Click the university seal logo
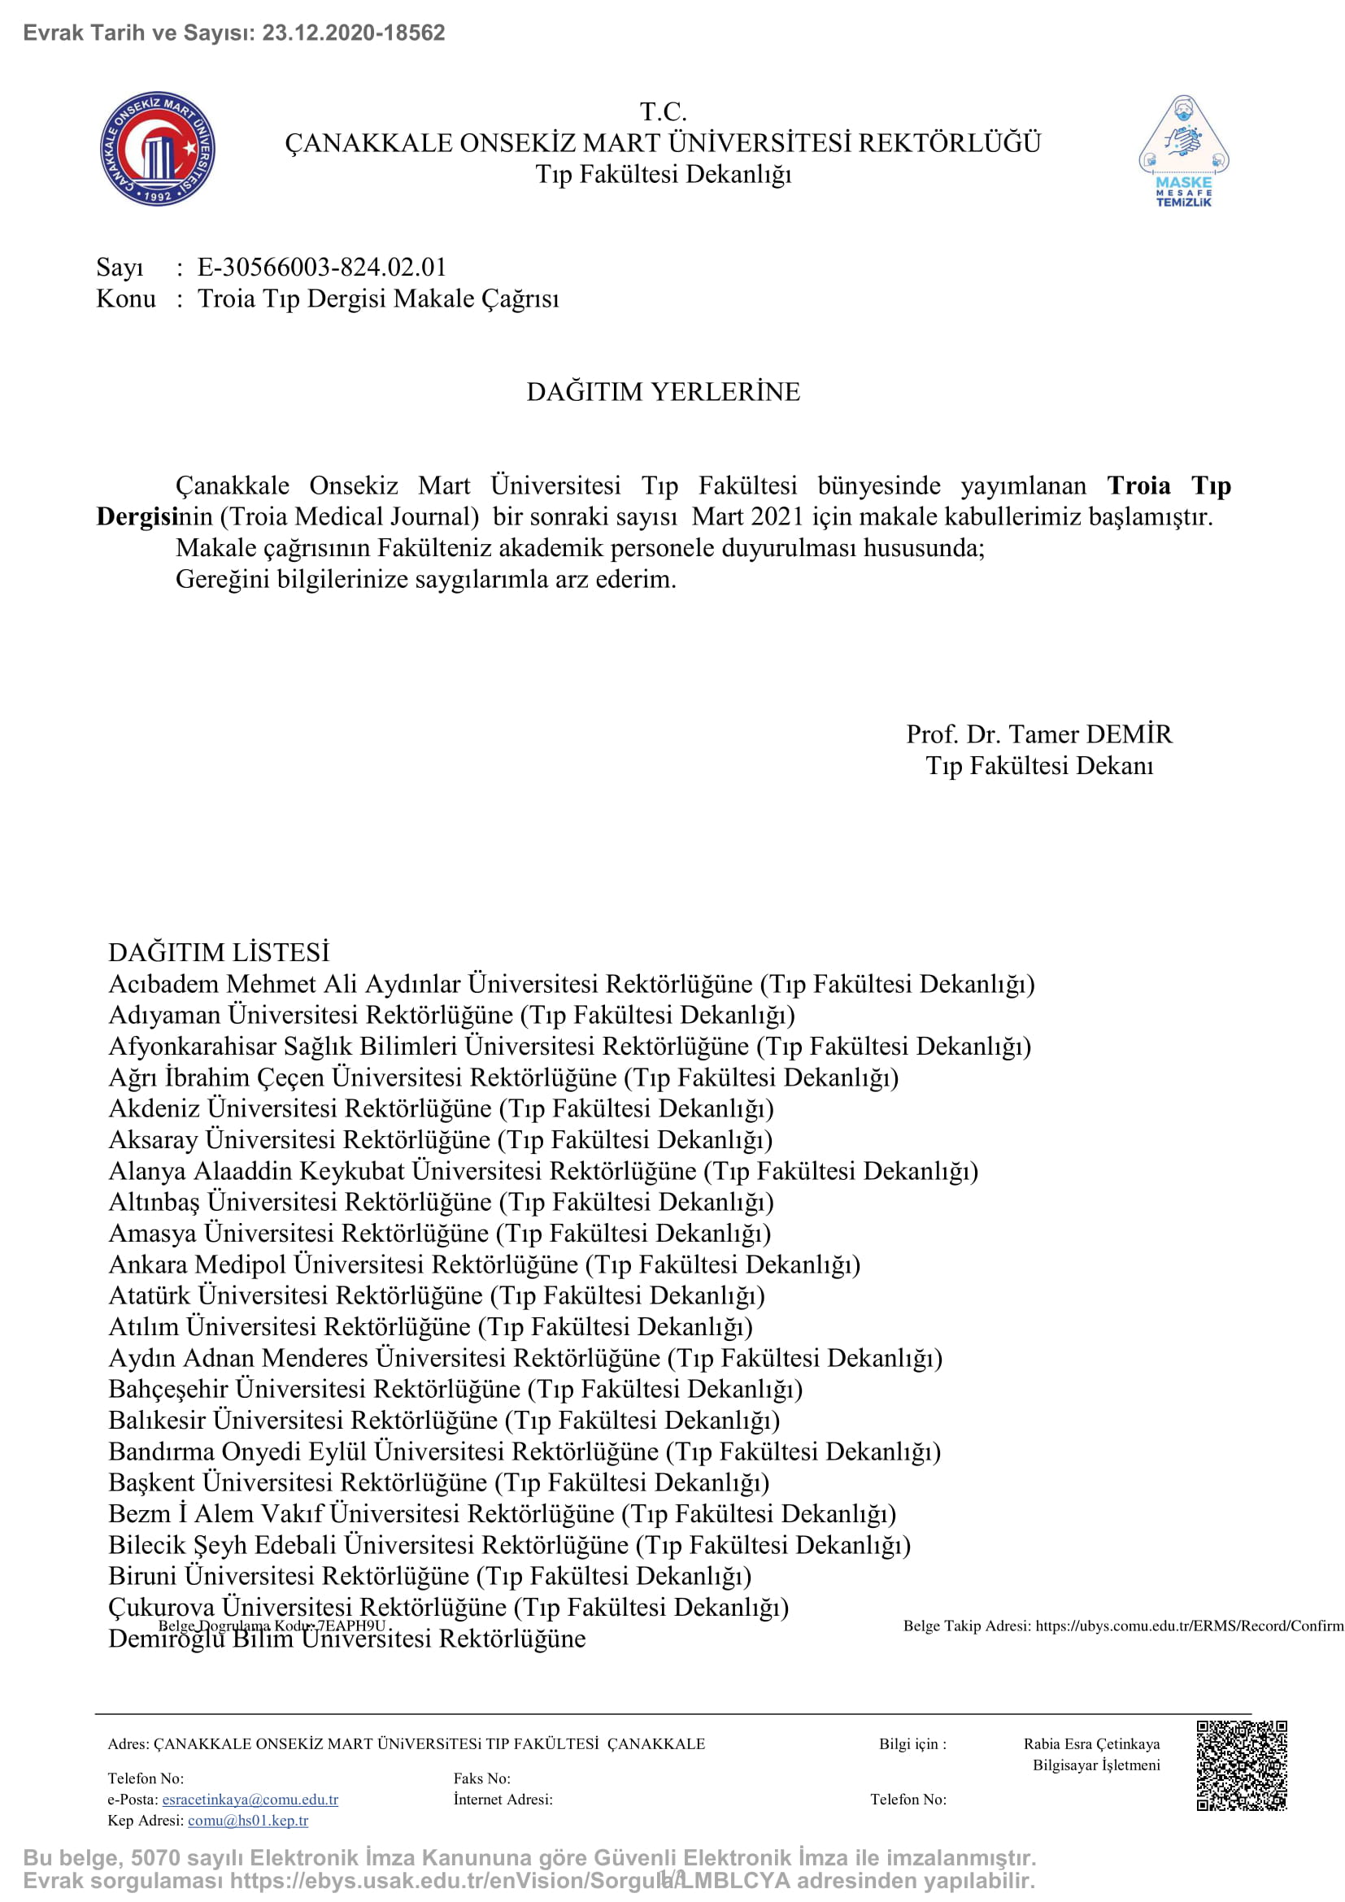[158, 148]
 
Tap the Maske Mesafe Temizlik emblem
[1183, 150]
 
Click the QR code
[1241, 1765]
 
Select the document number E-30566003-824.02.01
[321, 267]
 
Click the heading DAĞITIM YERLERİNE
[664, 392]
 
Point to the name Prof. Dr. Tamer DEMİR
[1038, 734]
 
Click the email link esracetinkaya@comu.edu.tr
[250, 1800]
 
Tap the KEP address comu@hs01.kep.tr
[248, 1820]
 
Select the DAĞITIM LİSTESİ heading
[219, 953]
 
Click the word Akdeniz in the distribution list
[155, 1108]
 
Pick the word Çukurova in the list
[163, 1607]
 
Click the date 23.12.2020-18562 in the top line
[354, 33]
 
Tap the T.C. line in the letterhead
[664, 111]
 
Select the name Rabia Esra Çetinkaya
[1090, 1743]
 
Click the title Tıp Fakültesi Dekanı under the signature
[1038, 765]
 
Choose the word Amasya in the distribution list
[154, 1234]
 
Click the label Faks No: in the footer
[482, 1778]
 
